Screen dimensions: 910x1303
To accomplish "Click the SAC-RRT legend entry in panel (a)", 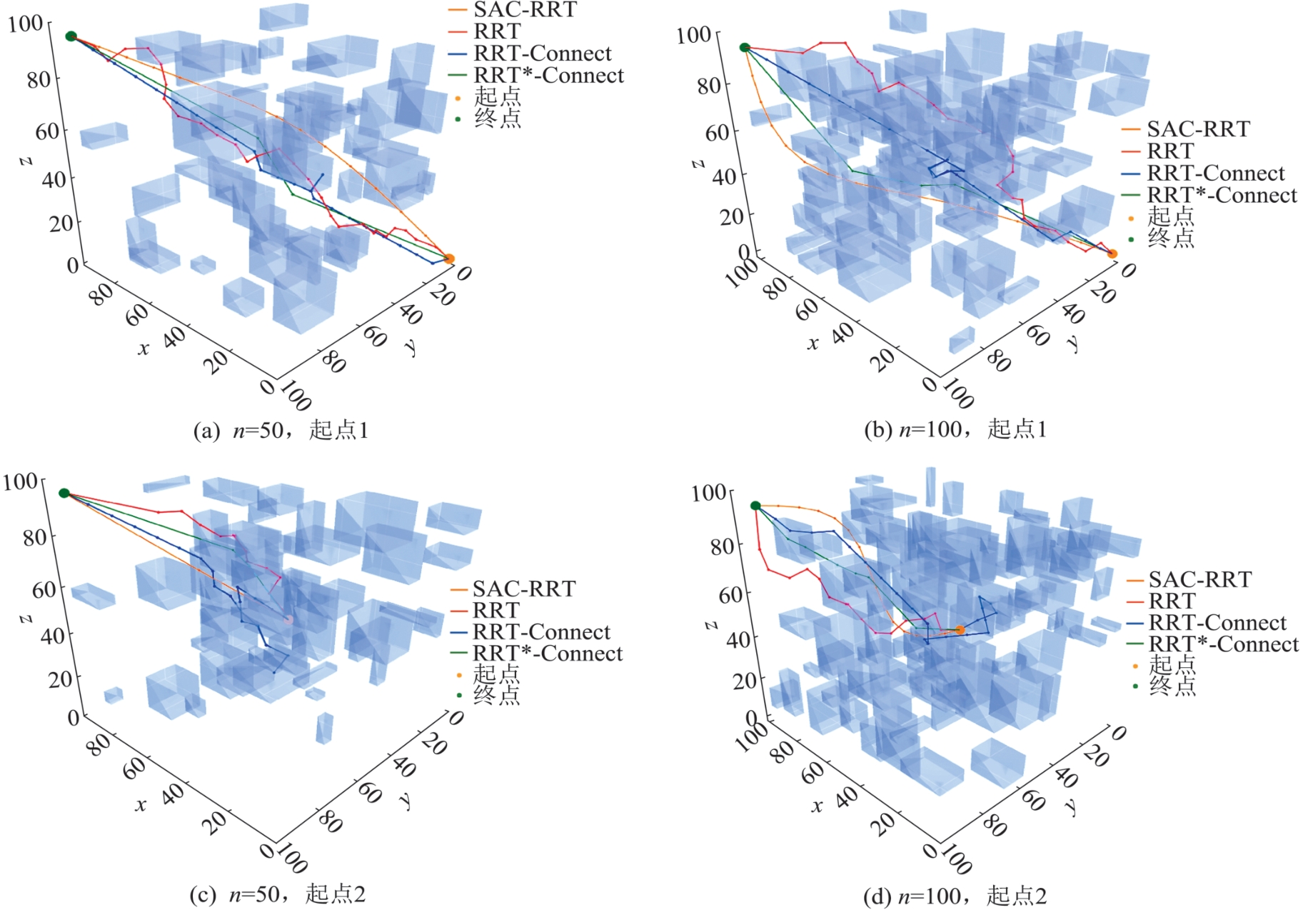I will tap(525, 10).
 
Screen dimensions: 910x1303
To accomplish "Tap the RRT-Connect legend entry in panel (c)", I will tap(541, 632).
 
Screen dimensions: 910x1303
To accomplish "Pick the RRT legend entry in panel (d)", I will tap(1172, 601).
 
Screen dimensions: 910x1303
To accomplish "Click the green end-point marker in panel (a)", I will tap(71, 36).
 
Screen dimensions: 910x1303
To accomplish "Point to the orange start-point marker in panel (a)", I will tap(449, 259).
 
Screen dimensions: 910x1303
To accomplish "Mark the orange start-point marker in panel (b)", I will tap(1112, 254).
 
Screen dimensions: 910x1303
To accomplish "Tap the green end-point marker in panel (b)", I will tap(745, 48).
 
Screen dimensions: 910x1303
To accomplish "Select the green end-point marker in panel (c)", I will tap(64, 493).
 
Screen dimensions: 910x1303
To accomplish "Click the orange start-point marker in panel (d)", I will tap(960, 630).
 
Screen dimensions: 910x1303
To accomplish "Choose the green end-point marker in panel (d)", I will tap(755, 506).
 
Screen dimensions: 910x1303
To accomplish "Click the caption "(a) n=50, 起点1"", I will tap(281, 430).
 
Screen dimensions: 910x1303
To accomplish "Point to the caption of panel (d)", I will tap(955, 895).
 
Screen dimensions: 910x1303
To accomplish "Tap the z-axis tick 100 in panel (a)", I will tap(26, 24).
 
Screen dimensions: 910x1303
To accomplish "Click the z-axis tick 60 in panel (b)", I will tap(717, 132).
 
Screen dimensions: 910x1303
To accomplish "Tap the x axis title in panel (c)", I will tap(141, 805).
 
